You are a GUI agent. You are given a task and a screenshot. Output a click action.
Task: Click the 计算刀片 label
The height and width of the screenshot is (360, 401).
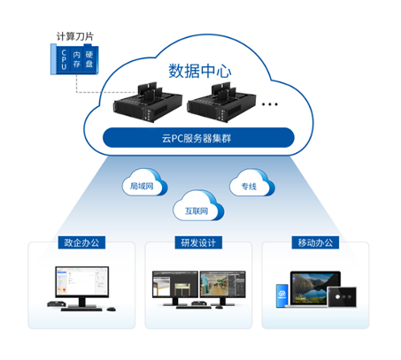pyautogui.click(x=73, y=37)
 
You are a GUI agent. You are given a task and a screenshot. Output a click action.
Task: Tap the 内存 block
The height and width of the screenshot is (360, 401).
pyautogui.click(x=77, y=61)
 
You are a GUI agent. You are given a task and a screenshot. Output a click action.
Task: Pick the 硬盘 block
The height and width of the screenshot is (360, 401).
pyautogui.click(x=89, y=61)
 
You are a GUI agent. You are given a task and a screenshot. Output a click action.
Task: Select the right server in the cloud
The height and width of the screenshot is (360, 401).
pyautogui.click(x=223, y=104)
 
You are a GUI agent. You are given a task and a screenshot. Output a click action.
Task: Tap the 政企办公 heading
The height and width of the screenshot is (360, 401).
pyautogui.click(x=81, y=242)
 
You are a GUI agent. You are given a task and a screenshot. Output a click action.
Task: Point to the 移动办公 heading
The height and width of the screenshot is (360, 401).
pyautogui.click(x=317, y=242)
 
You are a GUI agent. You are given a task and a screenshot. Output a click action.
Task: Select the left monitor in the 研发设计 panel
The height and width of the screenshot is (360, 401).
pyautogui.click(x=174, y=285)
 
